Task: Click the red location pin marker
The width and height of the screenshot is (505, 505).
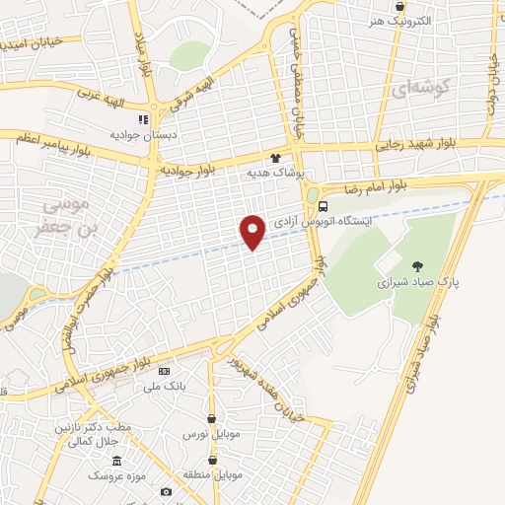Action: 253,231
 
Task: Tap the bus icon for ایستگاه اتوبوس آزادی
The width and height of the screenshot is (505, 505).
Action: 324,206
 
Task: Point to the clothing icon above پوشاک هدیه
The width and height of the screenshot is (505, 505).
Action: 275,157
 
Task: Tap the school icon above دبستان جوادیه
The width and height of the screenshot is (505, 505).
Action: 143,119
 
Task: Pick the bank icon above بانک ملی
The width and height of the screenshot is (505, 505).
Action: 165,371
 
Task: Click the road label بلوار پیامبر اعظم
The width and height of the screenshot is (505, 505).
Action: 66,139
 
